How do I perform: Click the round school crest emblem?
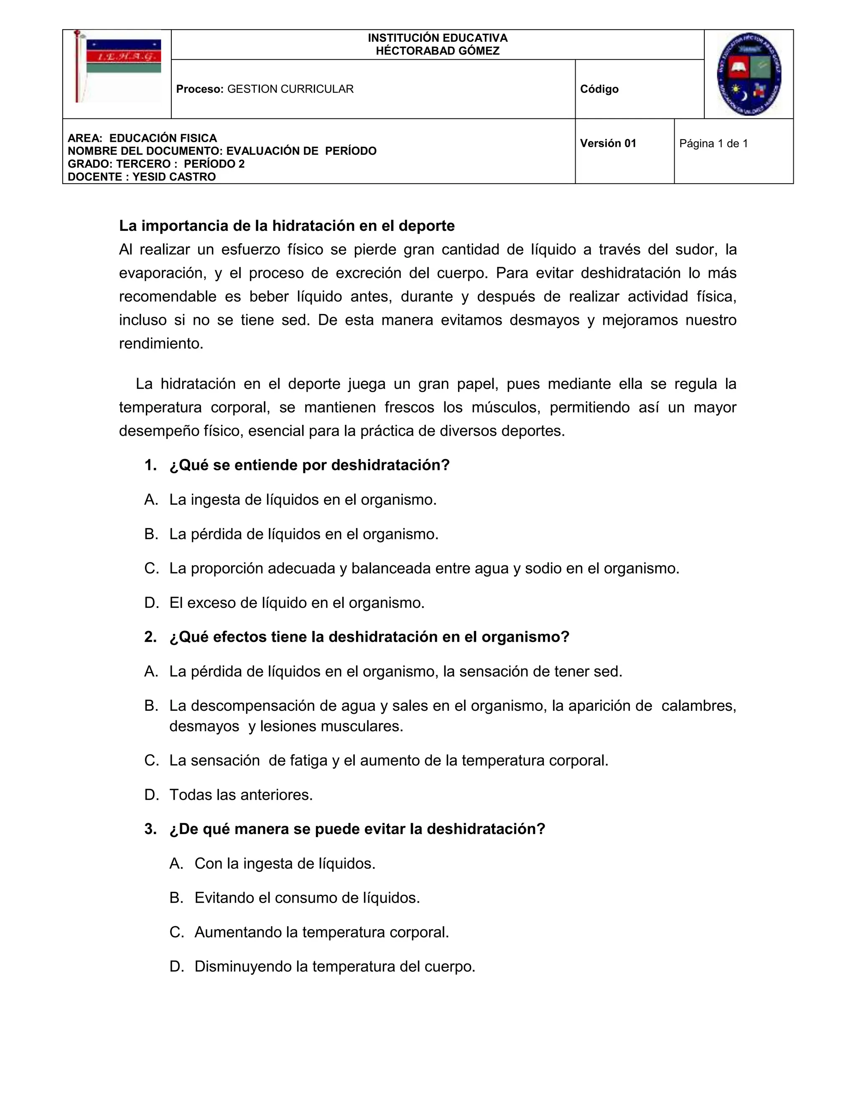[x=749, y=74]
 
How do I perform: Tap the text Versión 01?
[x=607, y=143]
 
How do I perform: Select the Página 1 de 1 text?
[x=713, y=143]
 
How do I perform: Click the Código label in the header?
[x=599, y=89]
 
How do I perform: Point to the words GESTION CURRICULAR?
[x=290, y=89]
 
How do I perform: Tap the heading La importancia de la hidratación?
[x=286, y=226]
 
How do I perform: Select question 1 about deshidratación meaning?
[x=309, y=465]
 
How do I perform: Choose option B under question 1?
[x=303, y=534]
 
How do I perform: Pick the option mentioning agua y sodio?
[x=424, y=569]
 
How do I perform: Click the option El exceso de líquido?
[x=297, y=603]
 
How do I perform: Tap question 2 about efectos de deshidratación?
[x=369, y=637]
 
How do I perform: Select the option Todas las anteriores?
[x=241, y=795]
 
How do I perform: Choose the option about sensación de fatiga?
[x=388, y=761]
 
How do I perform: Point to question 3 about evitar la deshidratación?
[x=357, y=830]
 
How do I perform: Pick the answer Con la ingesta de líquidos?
[x=285, y=864]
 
